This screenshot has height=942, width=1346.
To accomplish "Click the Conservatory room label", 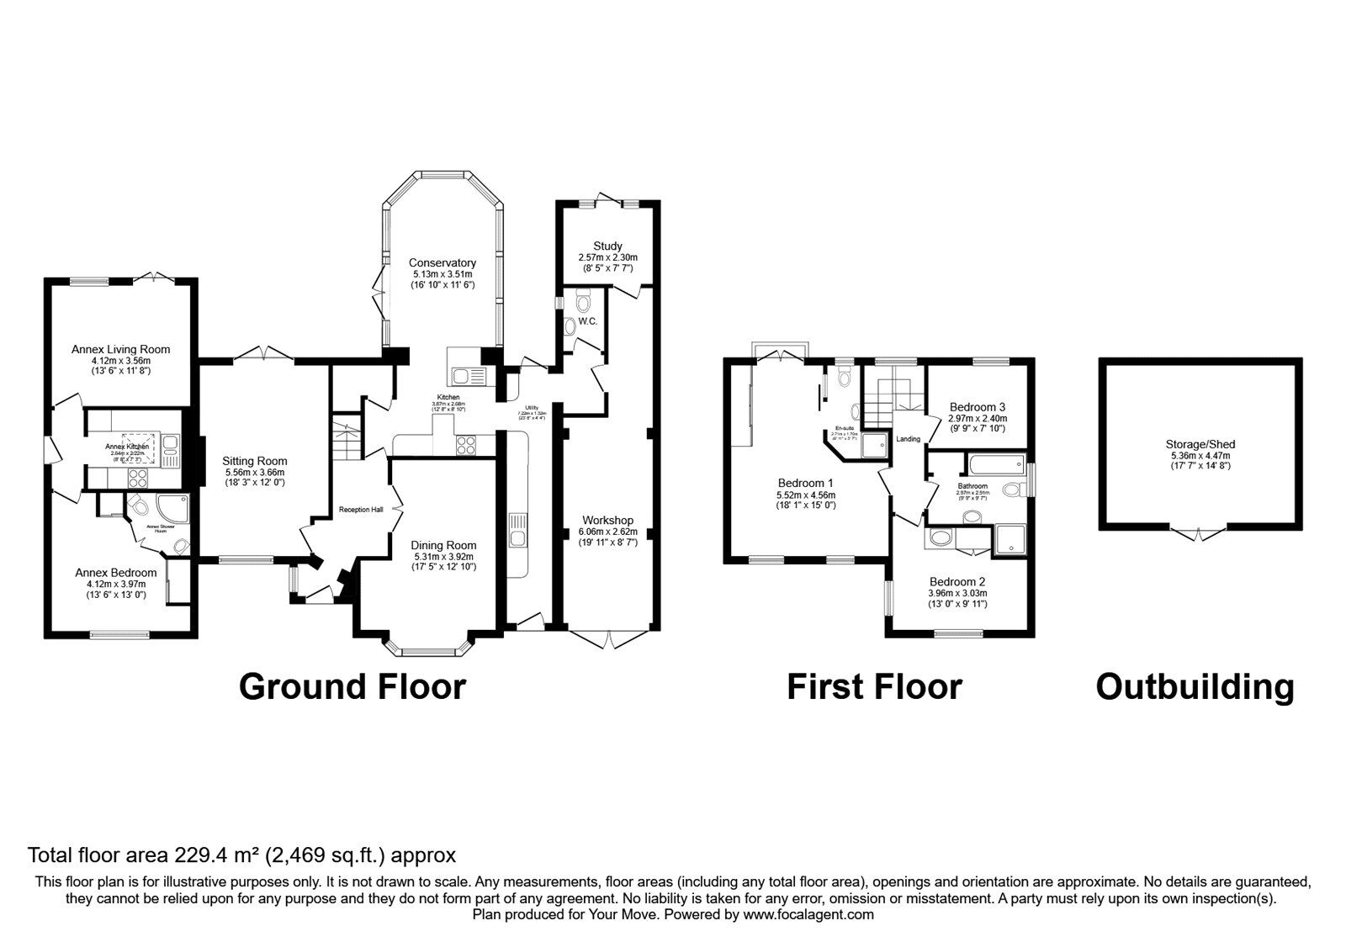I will (x=442, y=262).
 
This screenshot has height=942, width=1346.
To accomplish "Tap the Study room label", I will (x=607, y=246).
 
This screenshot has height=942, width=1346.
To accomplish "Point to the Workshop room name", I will (x=607, y=520).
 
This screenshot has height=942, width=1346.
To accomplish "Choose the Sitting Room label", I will (x=255, y=461).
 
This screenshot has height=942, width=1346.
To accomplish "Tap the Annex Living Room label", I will (x=120, y=349).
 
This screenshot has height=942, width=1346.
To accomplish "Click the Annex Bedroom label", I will (x=116, y=572).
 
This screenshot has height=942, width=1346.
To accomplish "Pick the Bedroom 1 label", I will (x=805, y=483).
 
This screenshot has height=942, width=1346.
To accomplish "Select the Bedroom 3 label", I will (x=977, y=405).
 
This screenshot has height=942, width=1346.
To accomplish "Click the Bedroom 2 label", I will (x=957, y=581).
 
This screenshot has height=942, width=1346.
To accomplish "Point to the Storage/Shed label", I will (x=1200, y=444).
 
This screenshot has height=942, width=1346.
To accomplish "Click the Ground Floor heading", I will (x=352, y=686).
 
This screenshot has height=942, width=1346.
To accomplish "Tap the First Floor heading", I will (x=874, y=686).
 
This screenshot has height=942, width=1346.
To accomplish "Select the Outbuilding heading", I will (x=1195, y=686).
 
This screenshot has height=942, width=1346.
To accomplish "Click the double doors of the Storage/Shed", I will (x=1200, y=532).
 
